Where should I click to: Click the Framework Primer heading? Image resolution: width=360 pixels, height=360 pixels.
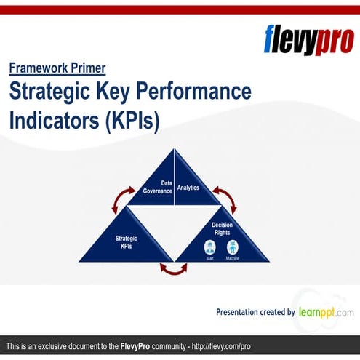coord(57,68)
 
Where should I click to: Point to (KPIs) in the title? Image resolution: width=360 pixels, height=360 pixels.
coord(132,119)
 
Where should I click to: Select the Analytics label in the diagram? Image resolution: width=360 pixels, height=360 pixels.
coord(188,188)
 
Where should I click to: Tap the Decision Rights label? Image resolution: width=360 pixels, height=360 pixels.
coord(222,229)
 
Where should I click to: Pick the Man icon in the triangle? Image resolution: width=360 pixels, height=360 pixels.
coord(210,247)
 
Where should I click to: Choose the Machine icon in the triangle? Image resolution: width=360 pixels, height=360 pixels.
coord(233,247)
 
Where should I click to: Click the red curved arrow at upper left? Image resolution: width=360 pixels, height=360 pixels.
coord(121,199)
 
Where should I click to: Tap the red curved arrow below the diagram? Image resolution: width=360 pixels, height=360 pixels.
coord(173,270)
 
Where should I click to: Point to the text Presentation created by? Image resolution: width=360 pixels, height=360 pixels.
coord(255,312)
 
